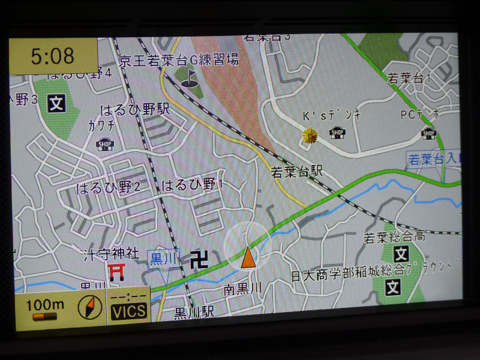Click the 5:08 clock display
(53, 56)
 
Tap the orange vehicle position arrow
(247, 257)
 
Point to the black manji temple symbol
(200, 259)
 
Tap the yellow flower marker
(310, 136)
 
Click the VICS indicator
(128, 311)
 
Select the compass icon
(90, 308)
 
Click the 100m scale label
(45, 304)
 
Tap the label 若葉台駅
(297, 172)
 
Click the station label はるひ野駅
(135, 109)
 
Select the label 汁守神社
(112, 253)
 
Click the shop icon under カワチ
(106, 144)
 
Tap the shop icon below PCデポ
(428, 133)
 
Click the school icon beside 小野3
(57, 104)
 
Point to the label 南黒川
(243, 289)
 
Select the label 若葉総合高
(394, 237)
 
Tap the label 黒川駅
(194, 312)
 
